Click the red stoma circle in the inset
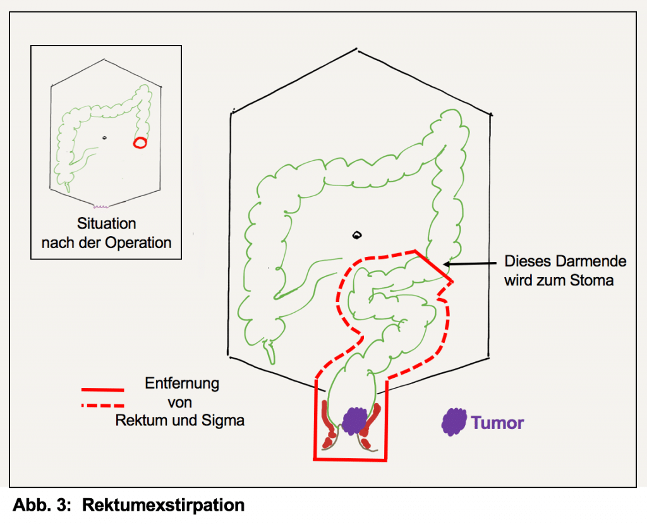click(x=140, y=142)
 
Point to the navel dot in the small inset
click(x=104, y=136)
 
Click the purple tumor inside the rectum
click(x=355, y=420)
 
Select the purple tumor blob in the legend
click(x=454, y=422)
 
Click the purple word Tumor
click(x=498, y=422)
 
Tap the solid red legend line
click(x=102, y=390)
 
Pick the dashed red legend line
click(x=102, y=405)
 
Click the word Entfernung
click(x=182, y=384)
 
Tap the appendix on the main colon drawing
click(x=271, y=352)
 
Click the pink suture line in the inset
click(x=102, y=206)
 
